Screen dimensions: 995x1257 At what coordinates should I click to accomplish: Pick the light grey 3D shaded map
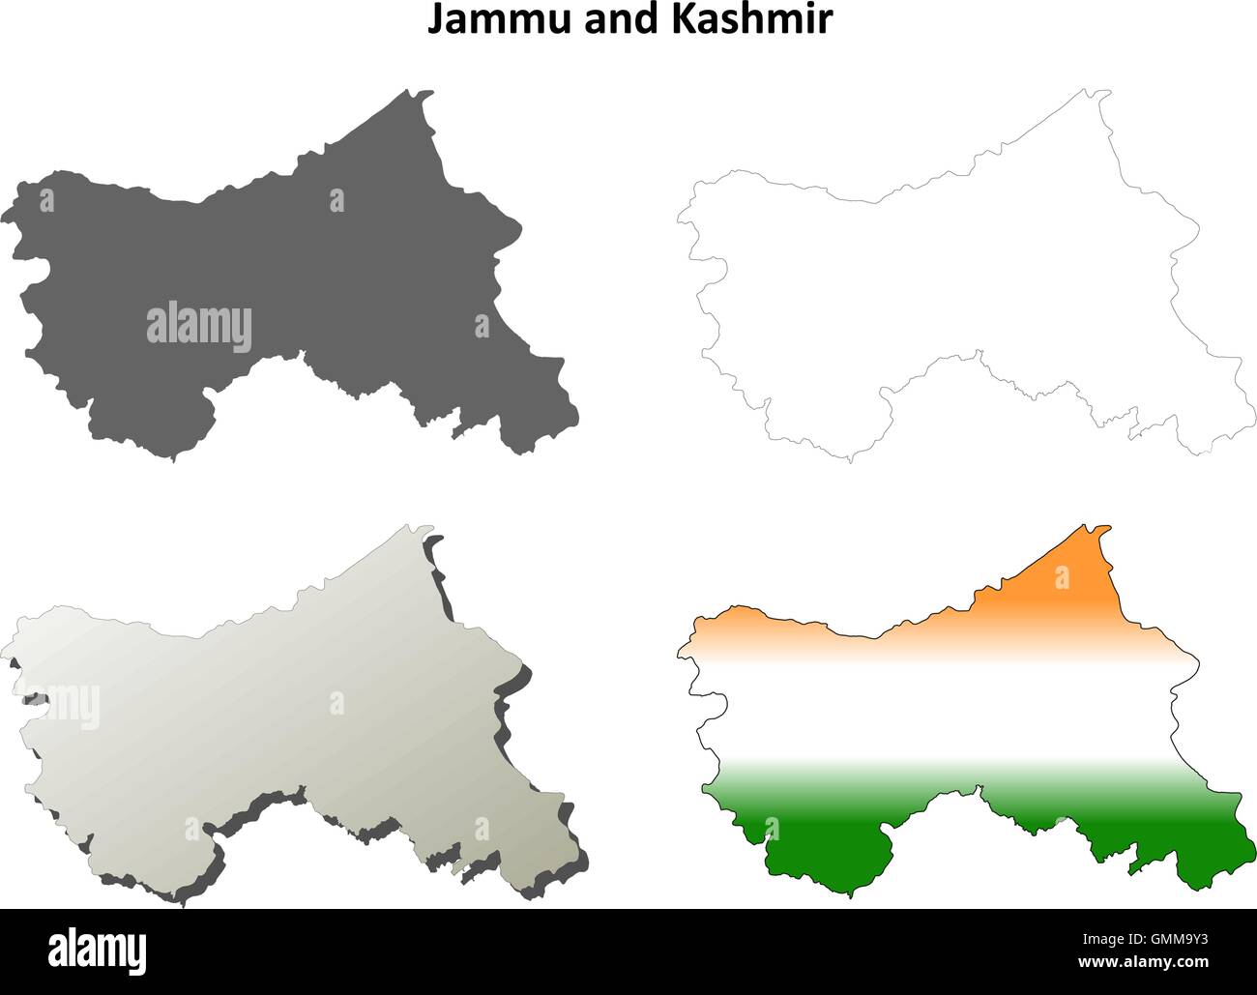290,716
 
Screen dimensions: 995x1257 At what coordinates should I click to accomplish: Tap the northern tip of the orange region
1099,528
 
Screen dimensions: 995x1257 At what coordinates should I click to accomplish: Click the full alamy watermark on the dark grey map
199,324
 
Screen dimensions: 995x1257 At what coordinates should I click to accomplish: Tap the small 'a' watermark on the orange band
1062,577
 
